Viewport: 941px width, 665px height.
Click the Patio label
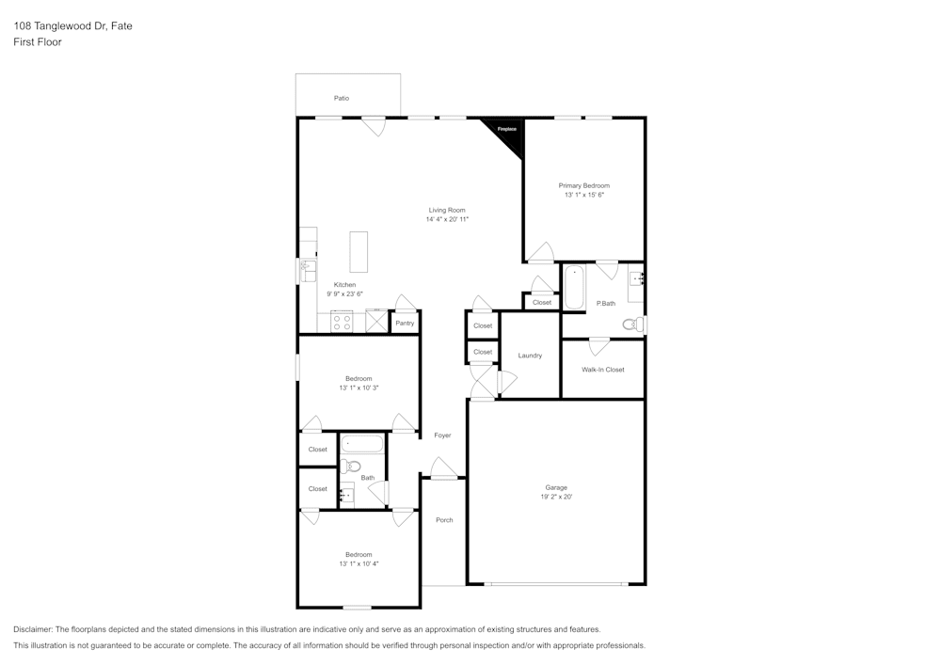pos(342,99)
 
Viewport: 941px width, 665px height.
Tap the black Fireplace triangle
pos(509,134)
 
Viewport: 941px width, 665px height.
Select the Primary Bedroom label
pos(584,186)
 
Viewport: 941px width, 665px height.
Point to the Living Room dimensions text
pos(447,219)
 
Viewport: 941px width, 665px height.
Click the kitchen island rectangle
pos(359,252)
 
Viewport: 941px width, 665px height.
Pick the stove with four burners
pos(343,323)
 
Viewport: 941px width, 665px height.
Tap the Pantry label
pos(405,324)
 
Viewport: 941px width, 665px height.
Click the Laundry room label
pos(530,356)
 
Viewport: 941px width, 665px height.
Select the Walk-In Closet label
pos(603,370)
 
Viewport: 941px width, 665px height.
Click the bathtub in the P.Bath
pos(574,287)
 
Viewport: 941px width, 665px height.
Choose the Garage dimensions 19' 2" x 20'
pos(556,497)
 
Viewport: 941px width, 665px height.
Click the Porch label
pos(444,520)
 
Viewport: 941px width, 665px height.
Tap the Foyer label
pos(442,435)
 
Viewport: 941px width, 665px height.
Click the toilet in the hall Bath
pos(350,466)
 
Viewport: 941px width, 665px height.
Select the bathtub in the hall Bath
pos(362,444)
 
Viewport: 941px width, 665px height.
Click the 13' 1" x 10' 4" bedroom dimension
pos(359,564)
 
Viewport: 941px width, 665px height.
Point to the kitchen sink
pos(309,271)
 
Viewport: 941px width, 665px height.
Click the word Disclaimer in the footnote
pos(33,629)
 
